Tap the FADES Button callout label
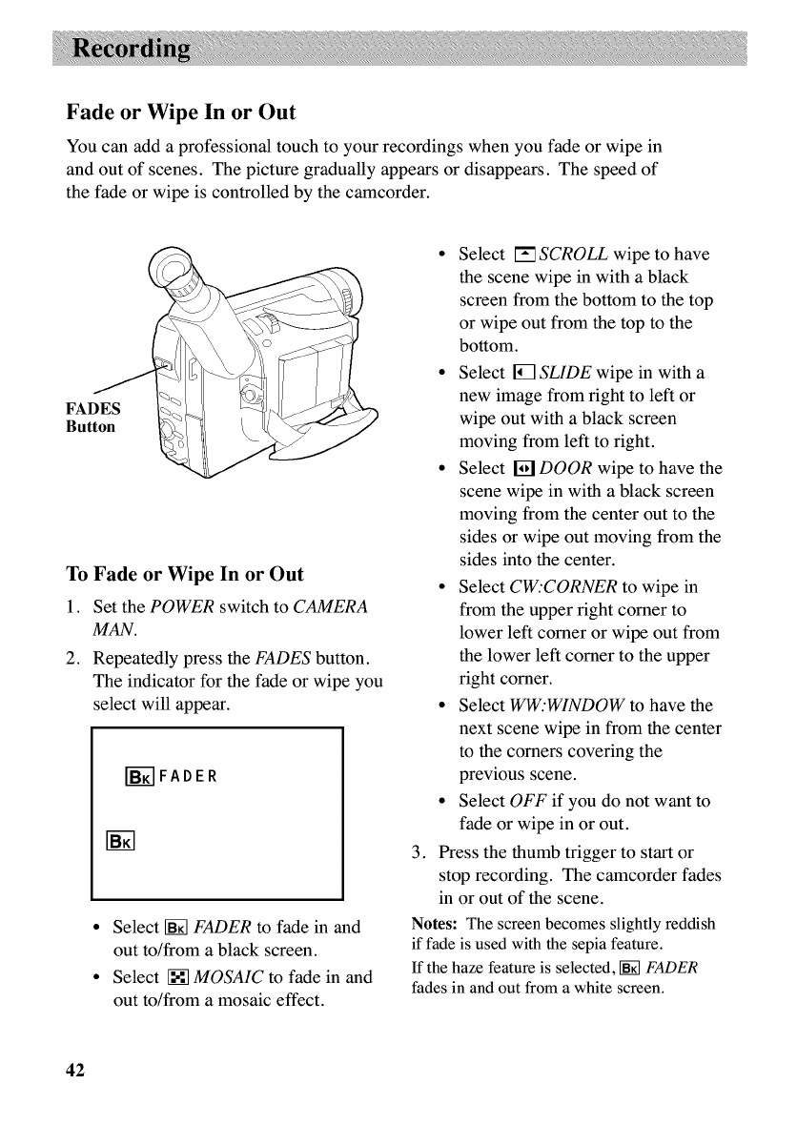click(92, 419)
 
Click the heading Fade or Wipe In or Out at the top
click(181, 112)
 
